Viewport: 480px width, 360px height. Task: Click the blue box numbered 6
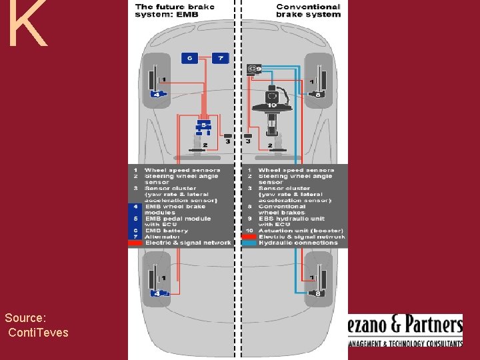[x=191, y=58]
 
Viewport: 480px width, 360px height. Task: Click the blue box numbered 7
[x=220, y=58]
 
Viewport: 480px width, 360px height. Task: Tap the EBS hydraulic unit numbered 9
[x=255, y=68]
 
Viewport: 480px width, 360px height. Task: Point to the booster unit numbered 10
[x=272, y=100]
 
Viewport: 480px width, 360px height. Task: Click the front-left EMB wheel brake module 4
[x=157, y=94]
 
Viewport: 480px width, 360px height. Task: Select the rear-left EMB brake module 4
[x=157, y=292]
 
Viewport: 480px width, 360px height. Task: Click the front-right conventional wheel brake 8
[x=319, y=94]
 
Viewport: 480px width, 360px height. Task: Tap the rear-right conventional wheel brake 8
[x=319, y=292]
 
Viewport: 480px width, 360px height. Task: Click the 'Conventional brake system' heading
[x=308, y=11]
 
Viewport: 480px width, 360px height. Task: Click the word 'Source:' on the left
[x=25, y=318]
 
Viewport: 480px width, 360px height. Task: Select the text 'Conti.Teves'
[x=38, y=332]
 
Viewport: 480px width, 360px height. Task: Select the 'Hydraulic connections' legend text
[x=298, y=243]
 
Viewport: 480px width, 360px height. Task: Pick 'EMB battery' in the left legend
[x=167, y=231]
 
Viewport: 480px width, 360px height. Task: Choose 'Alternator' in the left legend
[x=162, y=237]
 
